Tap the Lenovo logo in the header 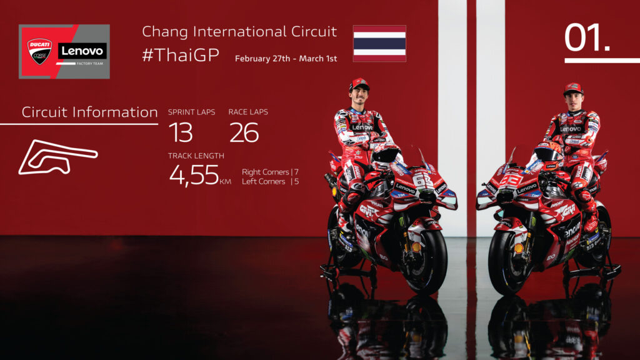[x=82, y=51]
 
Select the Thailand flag [x=379, y=43]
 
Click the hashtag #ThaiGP [x=181, y=55]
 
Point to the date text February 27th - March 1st [x=286, y=59]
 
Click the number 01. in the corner [x=587, y=39]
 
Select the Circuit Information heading [x=89, y=112]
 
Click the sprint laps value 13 [x=181, y=132]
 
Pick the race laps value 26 [x=244, y=132]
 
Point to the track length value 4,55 [x=194, y=175]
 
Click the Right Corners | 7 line [x=270, y=172]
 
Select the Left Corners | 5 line [x=270, y=182]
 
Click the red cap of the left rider [x=359, y=83]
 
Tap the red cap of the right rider [x=572, y=88]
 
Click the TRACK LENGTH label [x=196, y=156]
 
